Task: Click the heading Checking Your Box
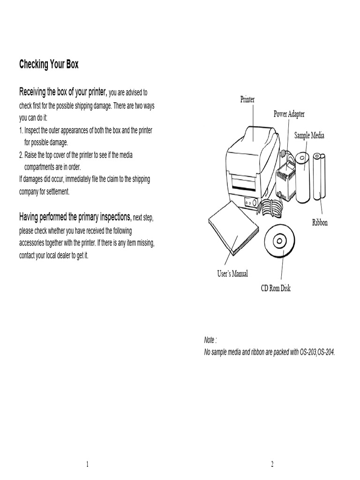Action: coord(49,65)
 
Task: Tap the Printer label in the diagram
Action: coord(247,100)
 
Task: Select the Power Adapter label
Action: coord(289,114)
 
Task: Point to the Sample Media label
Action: coord(309,135)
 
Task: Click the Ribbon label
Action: coord(320,222)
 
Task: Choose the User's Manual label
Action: coord(232,274)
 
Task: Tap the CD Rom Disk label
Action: coord(276,288)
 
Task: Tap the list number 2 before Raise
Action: coord(21,155)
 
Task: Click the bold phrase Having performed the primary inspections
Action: coord(75,217)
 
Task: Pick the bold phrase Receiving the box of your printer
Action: coord(63,91)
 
